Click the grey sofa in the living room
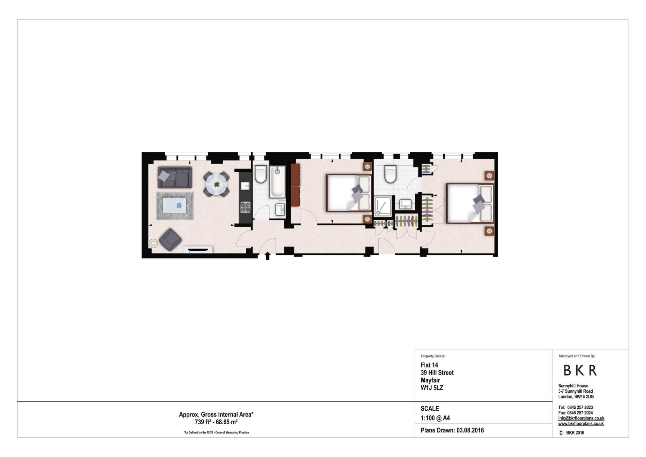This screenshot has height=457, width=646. coord(175,177)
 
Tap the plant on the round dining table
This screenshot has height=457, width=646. coord(217,185)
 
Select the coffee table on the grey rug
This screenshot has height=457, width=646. coord(175,205)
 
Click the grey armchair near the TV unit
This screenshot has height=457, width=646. coord(170,239)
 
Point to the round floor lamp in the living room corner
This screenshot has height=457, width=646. coord(153,243)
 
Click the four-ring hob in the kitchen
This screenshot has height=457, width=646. coord(245,207)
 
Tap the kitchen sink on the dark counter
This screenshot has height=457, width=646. coord(245,186)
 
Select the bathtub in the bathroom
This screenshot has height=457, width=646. coord(277,182)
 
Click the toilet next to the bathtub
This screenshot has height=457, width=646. coord(261,174)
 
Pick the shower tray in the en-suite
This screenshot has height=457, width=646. coord(382,206)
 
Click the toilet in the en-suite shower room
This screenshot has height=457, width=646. coord(390,174)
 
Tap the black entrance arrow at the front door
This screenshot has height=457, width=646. coord(268,256)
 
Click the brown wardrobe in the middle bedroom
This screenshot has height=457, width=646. coord(295,185)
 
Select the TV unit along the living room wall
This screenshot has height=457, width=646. coord(198,250)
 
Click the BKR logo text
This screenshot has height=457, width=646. coord(580,371)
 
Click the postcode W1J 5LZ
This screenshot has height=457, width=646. coord(432,388)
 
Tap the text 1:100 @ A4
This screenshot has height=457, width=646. coord(435,418)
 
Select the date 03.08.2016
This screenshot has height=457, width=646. coord(470,430)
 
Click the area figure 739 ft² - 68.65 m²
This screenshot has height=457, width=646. coord(216,422)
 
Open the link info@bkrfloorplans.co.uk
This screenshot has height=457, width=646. coord(581,419)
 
